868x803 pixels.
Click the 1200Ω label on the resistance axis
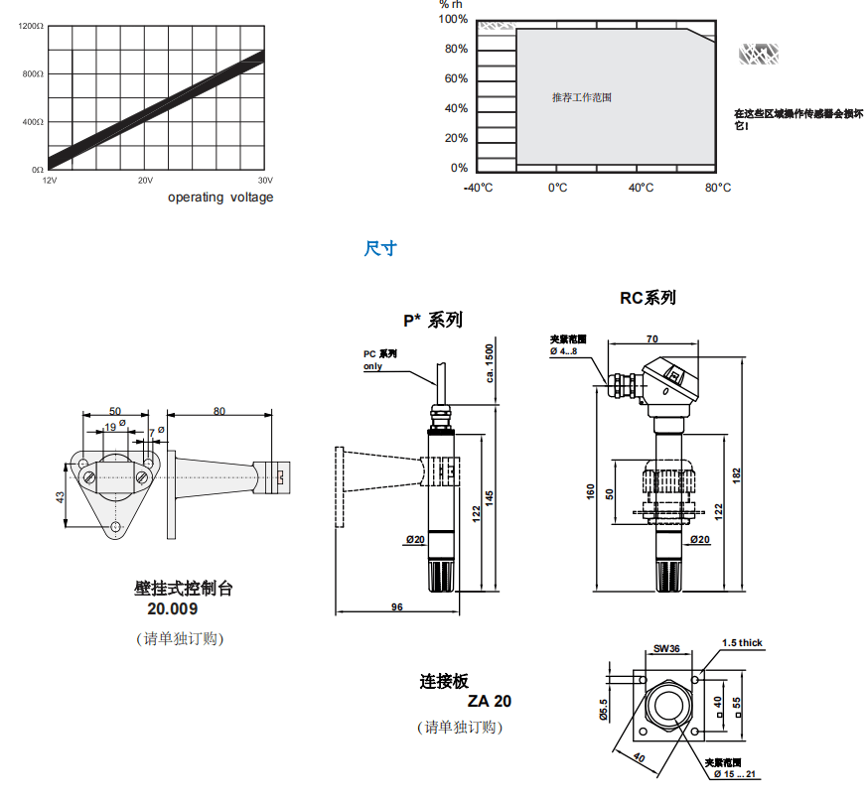(x=31, y=26)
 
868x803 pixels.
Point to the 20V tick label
(x=145, y=181)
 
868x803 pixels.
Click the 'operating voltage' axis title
(x=219, y=198)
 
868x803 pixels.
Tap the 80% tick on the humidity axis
(x=456, y=50)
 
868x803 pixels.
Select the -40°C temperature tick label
(x=479, y=188)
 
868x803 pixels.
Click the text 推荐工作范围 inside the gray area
(x=582, y=97)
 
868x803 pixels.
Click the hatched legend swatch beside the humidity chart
(x=759, y=55)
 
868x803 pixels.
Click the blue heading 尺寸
(x=379, y=248)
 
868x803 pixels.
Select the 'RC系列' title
(x=648, y=298)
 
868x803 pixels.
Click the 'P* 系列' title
(x=432, y=320)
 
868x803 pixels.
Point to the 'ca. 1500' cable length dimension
(x=489, y=363)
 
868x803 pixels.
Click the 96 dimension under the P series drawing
(x=397, y=606)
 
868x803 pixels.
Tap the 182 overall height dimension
(x=735, y=475)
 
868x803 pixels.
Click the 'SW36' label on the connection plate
(x=666, y=649)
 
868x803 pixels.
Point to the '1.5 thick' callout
(x=742, y=643)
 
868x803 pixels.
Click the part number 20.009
(x=173, y=609)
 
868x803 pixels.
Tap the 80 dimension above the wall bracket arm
(x=218, y=410)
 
